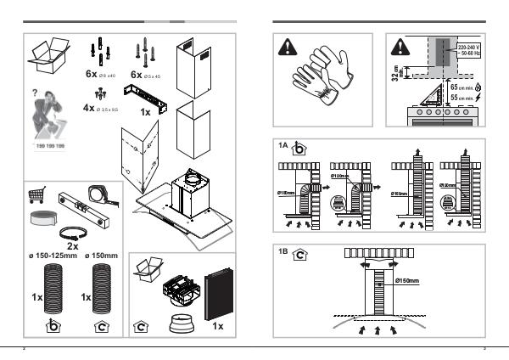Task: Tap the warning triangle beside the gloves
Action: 290,49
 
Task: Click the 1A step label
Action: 284,146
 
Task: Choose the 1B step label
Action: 284,251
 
